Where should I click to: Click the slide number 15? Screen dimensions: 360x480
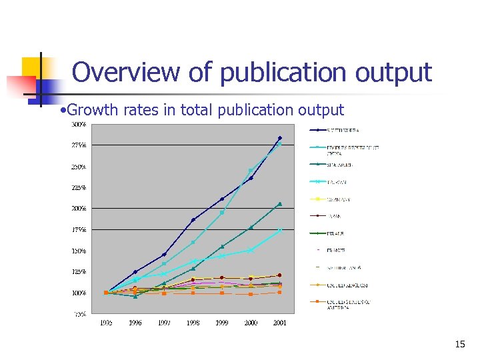pyautogui.click(x=459, y=345)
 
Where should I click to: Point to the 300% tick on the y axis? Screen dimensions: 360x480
pyautogui.click(x=79, y=124)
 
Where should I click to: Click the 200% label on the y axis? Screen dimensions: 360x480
pyautogui.click(x=79, y=209)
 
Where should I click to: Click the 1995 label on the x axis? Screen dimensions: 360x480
pyautogui.click(x=106, y=323)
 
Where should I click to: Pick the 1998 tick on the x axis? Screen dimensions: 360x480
pyautogui.click(x=193, y=323)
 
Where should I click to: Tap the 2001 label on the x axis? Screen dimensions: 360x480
pyautogui.click(x=280, y=323)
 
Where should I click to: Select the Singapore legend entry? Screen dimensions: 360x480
pyautogui.click(x=339, y=165)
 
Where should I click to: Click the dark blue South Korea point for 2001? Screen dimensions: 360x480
pyautogui.click(x=280, y=138)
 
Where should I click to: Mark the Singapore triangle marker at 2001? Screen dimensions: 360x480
pyautogui.click(x=280, y=204)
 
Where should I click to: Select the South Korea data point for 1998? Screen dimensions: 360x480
pyautogui.click(x=193, y=219)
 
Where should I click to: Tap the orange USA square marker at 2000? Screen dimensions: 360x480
pyautogui.click(x=251, y=294)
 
